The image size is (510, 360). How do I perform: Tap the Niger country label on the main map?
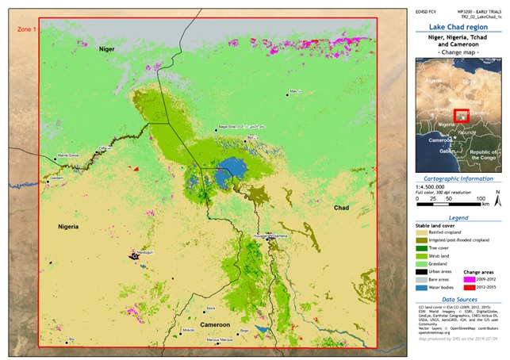pos(107,49)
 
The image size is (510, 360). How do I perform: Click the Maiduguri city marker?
pos(134,255)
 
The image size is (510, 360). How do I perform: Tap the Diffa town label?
pos(102,147)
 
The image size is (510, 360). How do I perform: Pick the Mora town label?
pos(210,308)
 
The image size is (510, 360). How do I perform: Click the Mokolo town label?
pos(188,328)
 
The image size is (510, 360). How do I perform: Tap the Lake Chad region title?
pos(458,26)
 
